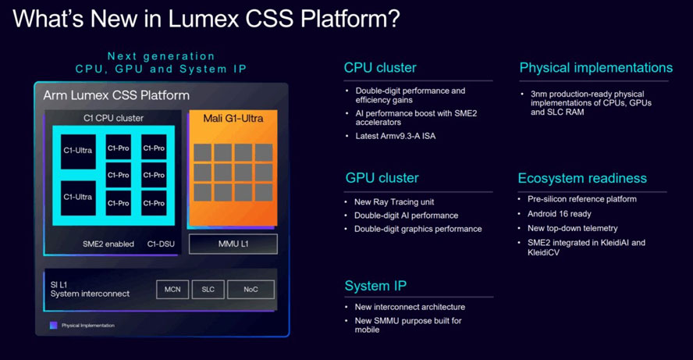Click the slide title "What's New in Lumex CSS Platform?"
(x=207, y=19)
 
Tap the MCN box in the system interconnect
(x=172, y=289)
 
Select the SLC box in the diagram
(x=208, y=289)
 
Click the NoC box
(x=251, y=289)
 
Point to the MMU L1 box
(x=233, y=244)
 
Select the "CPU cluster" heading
(x=380, y=68)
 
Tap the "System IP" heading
(x=375, y=286)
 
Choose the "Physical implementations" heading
(x=595, y=68)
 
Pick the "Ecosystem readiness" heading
(x=582, y=179)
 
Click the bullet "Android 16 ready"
(x=559, y=213)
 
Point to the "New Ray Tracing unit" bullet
(x=394, y=201)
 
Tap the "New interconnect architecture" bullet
(x=409, y=307)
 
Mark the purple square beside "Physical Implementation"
(x=53, y=325)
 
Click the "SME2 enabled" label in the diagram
(x=108, y=244)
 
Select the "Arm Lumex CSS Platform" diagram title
(x=116, y=96)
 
